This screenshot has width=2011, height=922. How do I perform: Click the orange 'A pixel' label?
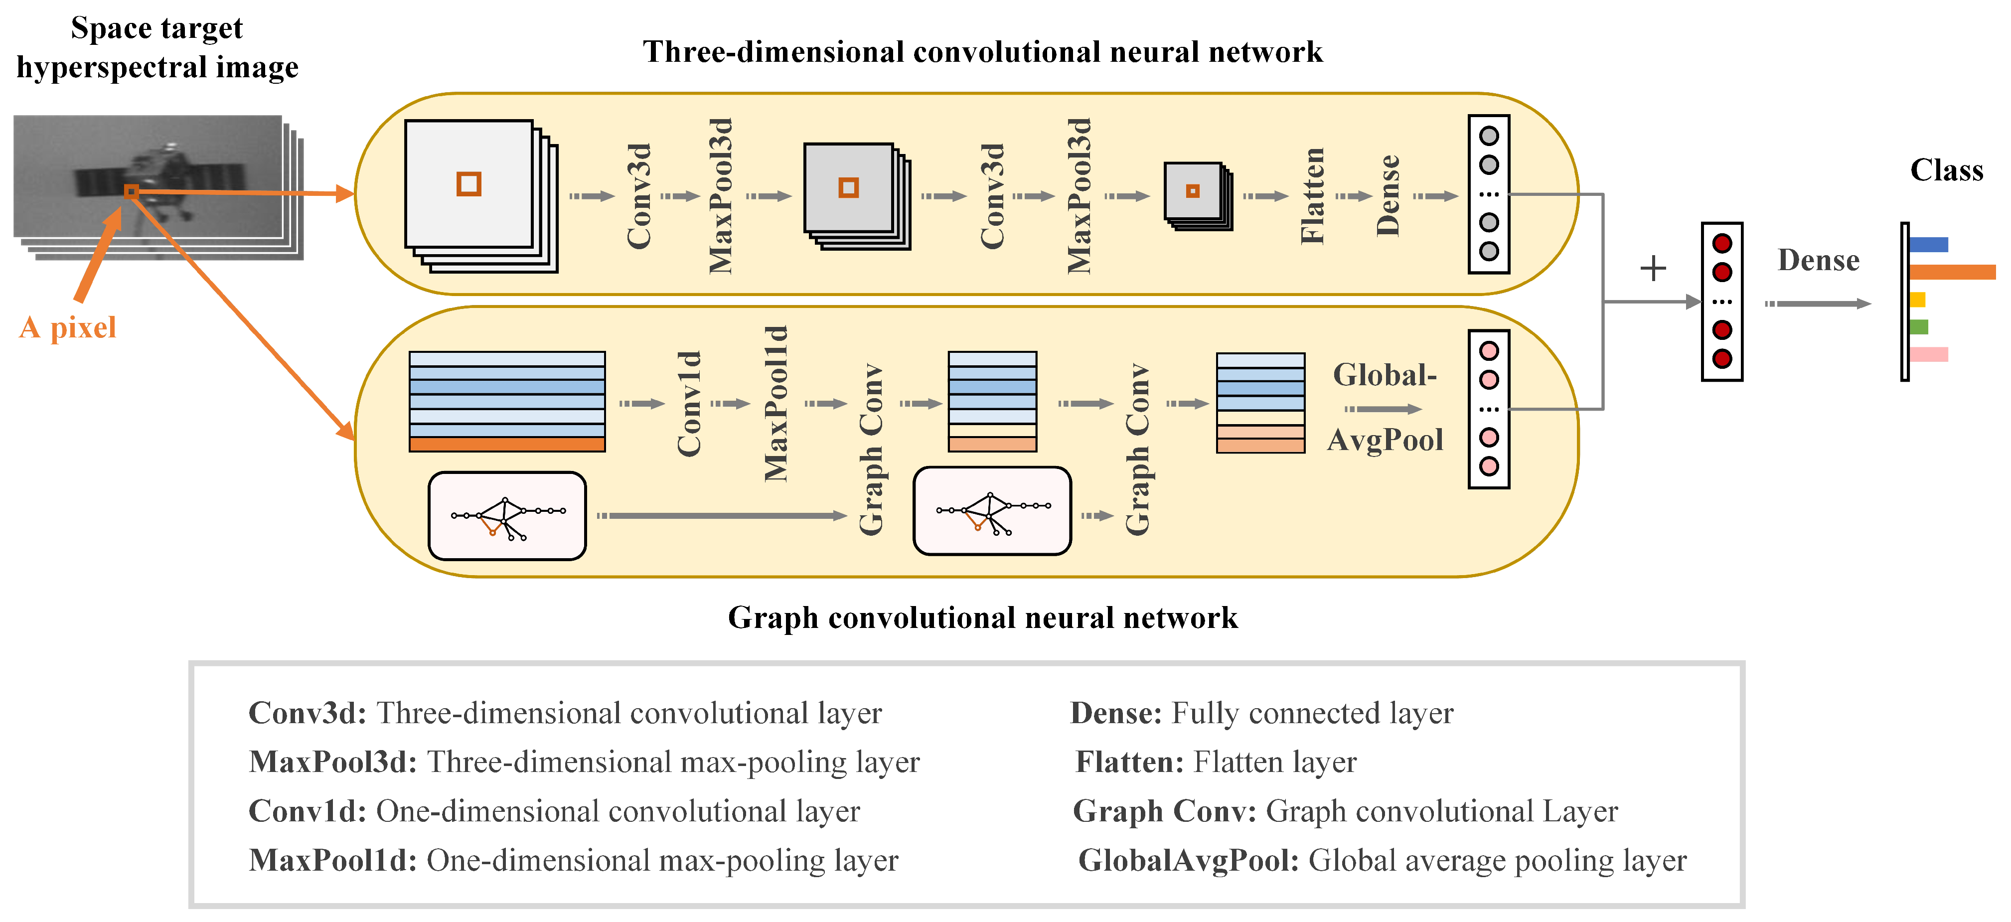(x=68, y=327)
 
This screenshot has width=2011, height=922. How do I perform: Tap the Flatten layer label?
(x=1312, y=196)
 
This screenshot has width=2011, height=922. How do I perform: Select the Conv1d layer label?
(x=689, y=404)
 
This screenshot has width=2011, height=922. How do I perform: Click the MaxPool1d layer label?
(x=776, y=404)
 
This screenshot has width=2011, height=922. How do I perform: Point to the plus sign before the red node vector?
(x=1653, y=269)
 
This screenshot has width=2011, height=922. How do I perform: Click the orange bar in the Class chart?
(x=1952, y=272)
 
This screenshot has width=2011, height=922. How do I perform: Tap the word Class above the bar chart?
(x=1946, y=170)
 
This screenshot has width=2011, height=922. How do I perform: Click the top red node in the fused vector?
(x=1722, y=244)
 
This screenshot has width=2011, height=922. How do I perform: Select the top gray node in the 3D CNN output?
(x=1489, y=136)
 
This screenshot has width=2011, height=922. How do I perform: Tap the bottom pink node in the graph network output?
(x=1489, y=466)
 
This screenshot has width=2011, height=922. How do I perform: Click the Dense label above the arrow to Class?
(x=1818, y=260)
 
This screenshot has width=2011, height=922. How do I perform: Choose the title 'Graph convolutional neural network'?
(x=982, y=617)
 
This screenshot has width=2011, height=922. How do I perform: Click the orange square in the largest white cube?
(x=468, y=184)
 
